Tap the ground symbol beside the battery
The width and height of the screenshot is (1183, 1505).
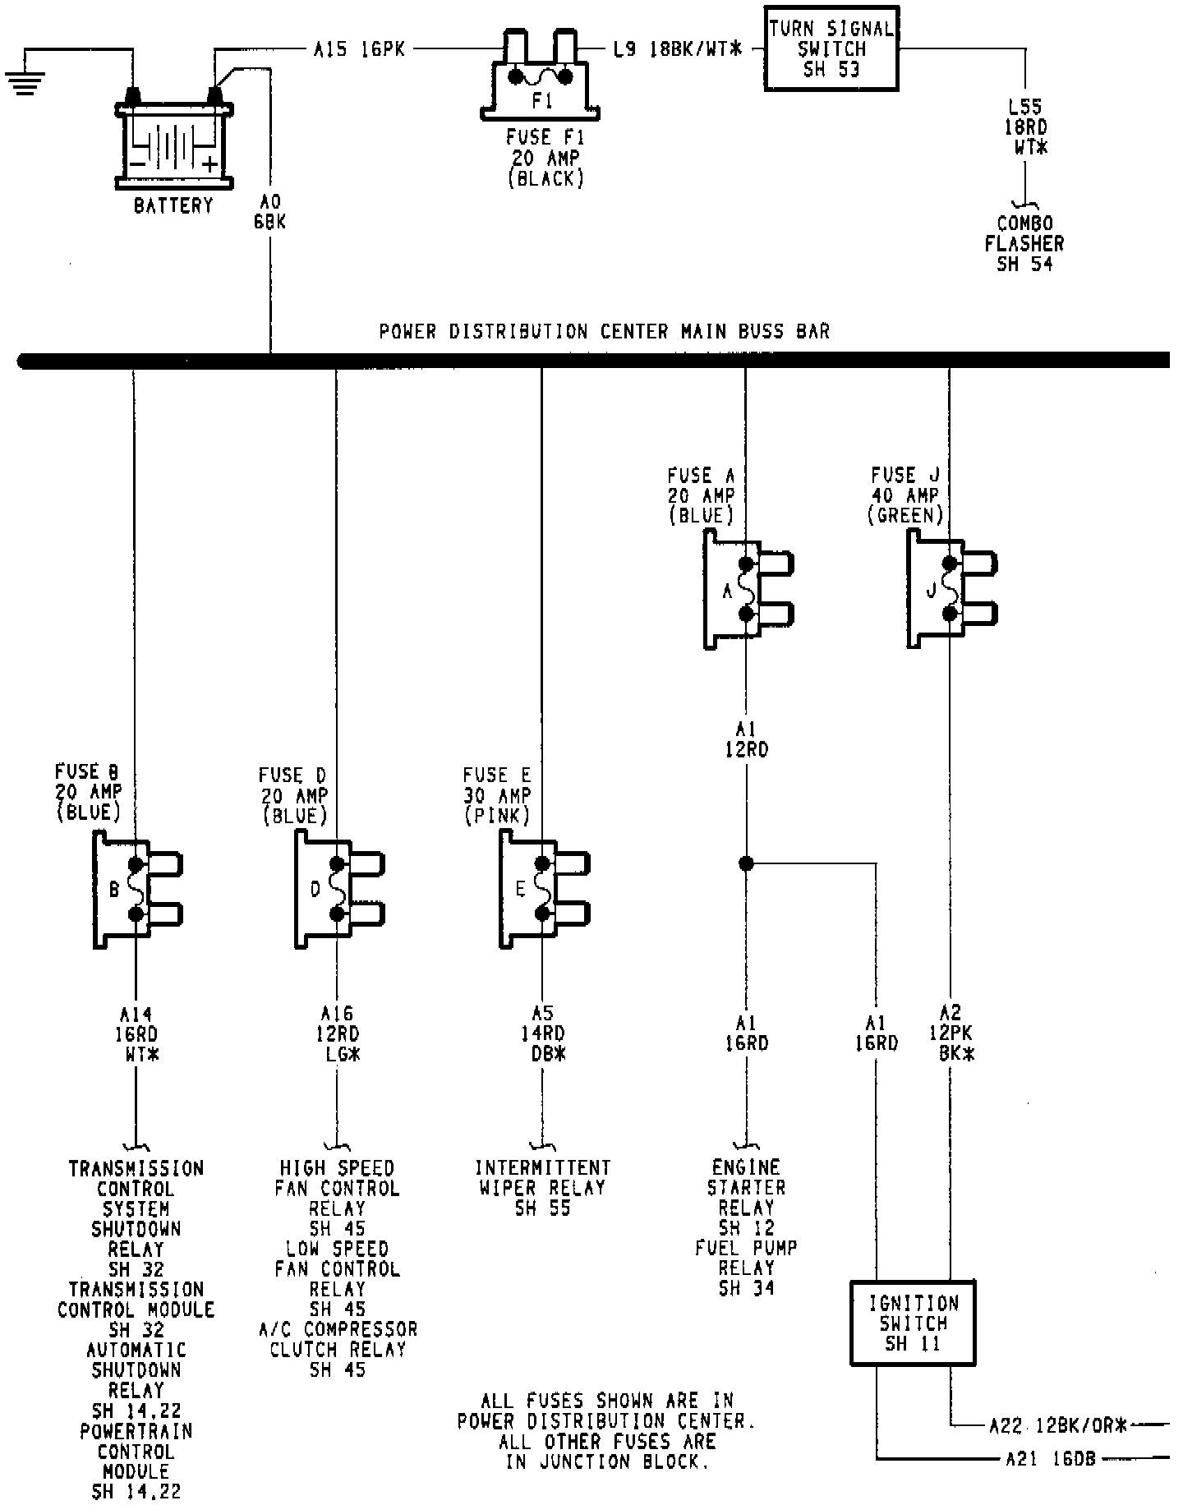[25, 82]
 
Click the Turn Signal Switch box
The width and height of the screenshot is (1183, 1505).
[831, 48]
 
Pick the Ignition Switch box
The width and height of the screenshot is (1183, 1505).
[913, 1323]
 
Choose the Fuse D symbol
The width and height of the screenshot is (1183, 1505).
[336, 889]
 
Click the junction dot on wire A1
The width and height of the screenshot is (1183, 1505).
[746, 863]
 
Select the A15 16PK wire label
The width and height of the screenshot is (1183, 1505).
[359, 49]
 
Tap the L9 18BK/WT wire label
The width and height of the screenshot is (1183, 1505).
[677, 49]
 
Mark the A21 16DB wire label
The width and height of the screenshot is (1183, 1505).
[1051, 1460]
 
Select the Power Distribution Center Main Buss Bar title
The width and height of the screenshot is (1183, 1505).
[604, 332]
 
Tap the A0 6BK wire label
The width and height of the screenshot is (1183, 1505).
[270, 212]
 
